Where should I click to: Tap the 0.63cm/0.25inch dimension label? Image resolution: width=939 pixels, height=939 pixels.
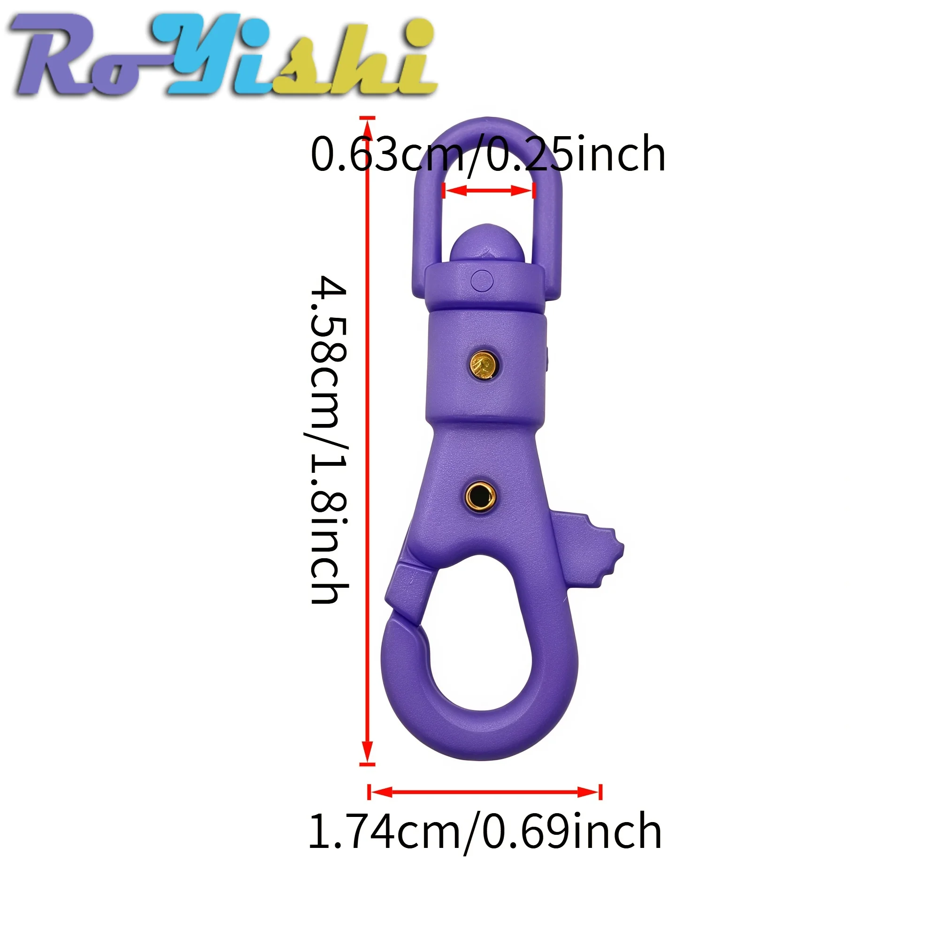click(487, 154)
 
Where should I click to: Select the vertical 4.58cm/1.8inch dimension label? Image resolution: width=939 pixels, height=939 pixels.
click(330, 440)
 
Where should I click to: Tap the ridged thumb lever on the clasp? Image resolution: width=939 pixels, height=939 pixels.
click(591, 549)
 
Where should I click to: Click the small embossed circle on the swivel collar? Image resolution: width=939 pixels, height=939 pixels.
click(482, 280)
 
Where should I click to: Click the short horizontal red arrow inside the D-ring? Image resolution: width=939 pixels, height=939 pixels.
click(488, 191)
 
